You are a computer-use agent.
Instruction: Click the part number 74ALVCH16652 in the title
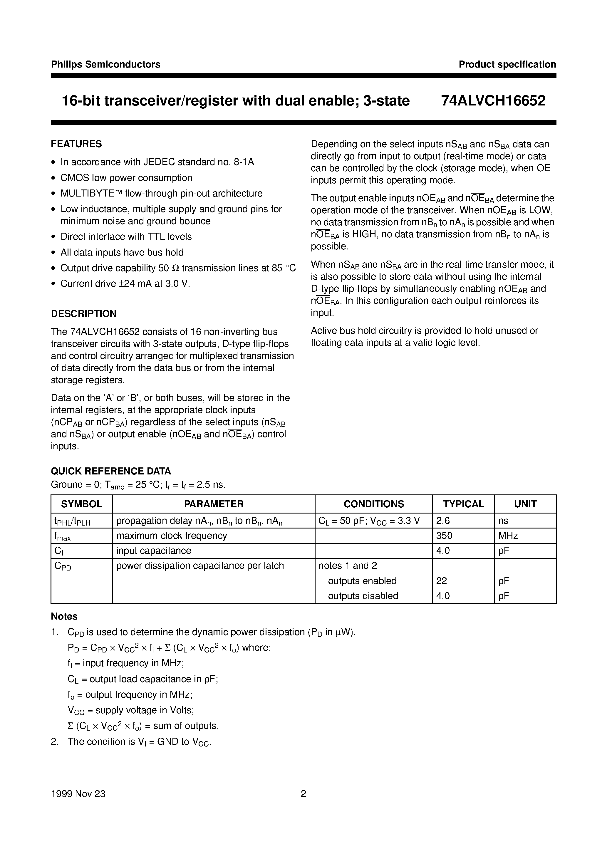coord(493,101)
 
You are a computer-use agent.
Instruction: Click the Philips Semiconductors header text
coord(105,64)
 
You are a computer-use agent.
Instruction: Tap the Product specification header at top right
coord(507,64)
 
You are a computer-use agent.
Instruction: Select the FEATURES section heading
coord(76,144)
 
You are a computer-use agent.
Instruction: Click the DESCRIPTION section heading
coord(83,313)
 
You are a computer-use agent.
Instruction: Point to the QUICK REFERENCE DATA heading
coord(111,471)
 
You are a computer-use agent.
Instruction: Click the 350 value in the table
coord(444,536)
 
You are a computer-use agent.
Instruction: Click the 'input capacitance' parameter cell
coord(153,551)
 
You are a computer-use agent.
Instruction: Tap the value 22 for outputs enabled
coord(442,581)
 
